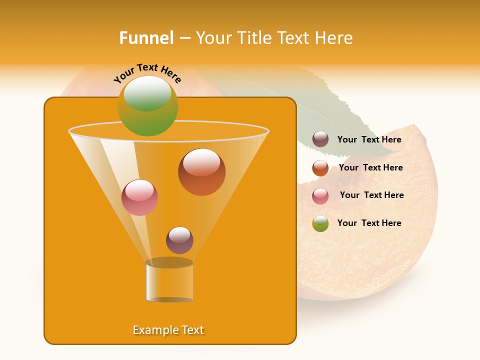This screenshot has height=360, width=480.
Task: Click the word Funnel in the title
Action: pos(146,38)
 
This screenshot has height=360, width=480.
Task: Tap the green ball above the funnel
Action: pos(148,106)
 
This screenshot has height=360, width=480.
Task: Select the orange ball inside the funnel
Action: pos(201,172)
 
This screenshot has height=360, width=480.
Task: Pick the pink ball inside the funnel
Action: pos(139,197)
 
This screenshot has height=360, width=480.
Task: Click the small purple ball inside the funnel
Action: pos(179,240)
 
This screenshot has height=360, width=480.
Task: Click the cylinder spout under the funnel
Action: pos(169,281)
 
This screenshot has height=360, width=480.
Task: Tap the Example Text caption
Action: pos(168,330)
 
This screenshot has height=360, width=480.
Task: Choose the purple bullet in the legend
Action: pos(320,139)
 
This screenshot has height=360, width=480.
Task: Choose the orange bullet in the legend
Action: pos(320,168)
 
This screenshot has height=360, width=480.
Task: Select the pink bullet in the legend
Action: pos(320,196)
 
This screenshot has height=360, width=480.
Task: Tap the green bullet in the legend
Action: pos(320,223)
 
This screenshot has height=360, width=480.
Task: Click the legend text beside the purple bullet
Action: pos(369,140)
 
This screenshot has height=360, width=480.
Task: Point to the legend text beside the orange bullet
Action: pos(370,168)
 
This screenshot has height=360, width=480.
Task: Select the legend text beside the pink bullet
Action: pos(371,195)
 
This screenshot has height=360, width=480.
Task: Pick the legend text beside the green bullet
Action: pos(369,223)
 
